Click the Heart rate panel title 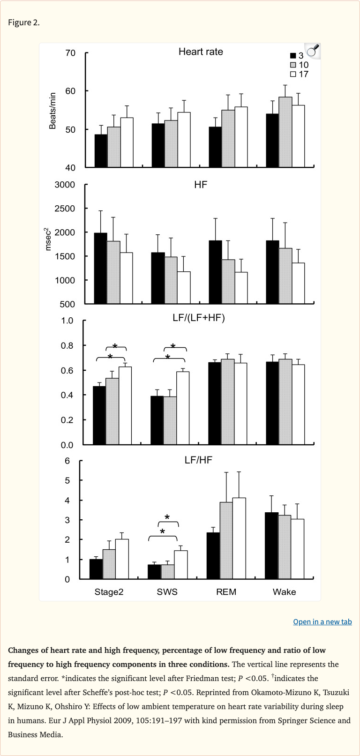click(x=201, y=52)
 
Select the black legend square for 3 click(x=293, y=56)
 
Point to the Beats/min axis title click(x=52, y=111)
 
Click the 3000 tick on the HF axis click(x=65, y=185)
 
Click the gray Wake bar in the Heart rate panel click(x=285, y=132)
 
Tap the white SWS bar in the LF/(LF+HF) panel click(x=183, y=408)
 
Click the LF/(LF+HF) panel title click(x=199, y=318)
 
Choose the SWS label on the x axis click(x=167, y=592)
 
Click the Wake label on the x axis click(x=284, y=592)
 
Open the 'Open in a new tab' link click(x=322, y=621)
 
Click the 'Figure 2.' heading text click(x=24, y=22)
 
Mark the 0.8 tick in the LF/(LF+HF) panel click(x=67, y=346)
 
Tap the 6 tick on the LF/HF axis click(x=67, y=461)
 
